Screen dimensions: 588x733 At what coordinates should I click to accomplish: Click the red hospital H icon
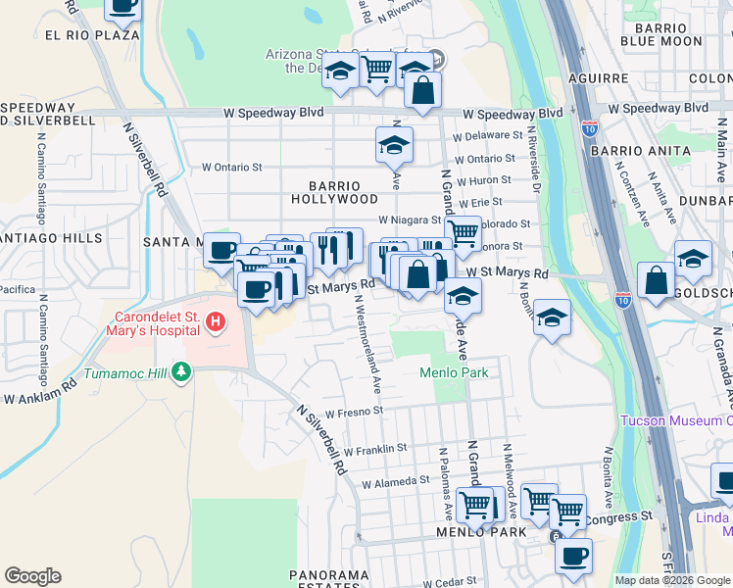[213, 320]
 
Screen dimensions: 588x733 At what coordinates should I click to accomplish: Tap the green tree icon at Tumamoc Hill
[179, 372]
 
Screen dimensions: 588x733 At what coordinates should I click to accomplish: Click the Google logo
[32, 576]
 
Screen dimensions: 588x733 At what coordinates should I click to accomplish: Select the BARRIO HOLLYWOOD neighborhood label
[334, 192]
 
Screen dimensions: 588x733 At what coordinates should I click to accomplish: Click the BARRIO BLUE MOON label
[661, 34]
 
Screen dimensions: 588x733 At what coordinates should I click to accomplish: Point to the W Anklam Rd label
[39, 399]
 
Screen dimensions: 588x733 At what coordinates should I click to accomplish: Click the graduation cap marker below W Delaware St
[394, 146]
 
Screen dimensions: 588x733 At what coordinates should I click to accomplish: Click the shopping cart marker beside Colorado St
[463, 234]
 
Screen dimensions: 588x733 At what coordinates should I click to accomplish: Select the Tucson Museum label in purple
[676, 421]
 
